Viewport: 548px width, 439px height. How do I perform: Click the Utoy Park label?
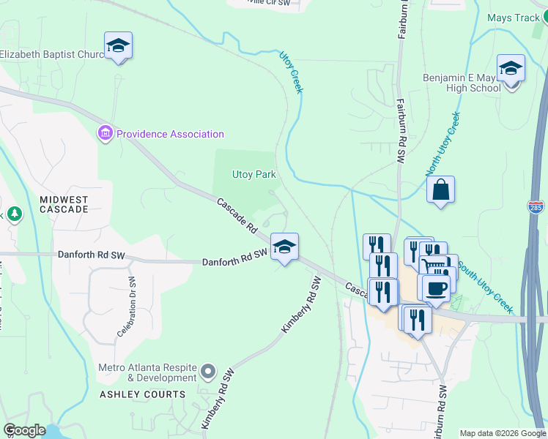(253, 174)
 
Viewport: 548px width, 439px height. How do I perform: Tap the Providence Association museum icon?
(105, 134)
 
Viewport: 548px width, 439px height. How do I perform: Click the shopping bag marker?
(440, 190)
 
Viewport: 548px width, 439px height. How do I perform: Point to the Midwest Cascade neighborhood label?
(64, 204)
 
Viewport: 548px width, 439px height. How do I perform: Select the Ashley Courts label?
(142, 394)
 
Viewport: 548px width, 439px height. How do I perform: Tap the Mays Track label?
(512, 18)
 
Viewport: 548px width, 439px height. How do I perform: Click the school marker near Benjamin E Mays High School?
(511, 70)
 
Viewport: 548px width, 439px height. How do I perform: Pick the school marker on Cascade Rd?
(284, 247)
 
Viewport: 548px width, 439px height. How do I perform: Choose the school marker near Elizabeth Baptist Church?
(118, 46)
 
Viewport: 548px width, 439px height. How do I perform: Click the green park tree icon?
(14, 214)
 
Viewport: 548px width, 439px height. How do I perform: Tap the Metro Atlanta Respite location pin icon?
(208, 371)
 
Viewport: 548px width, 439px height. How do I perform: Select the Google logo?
(25, 430)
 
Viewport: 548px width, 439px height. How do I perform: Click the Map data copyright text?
(503, 433)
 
